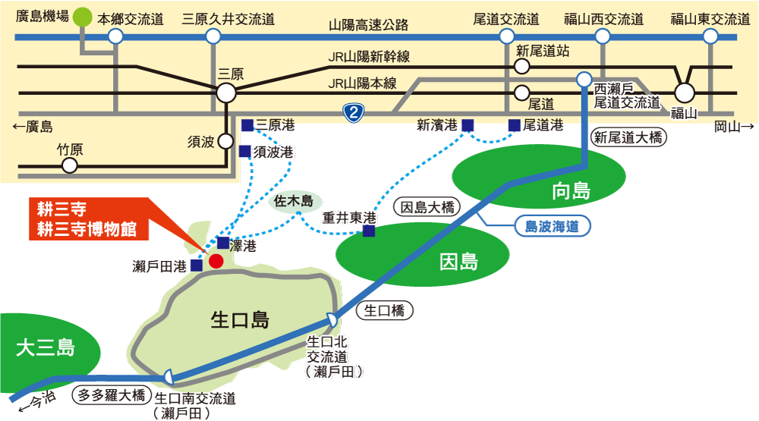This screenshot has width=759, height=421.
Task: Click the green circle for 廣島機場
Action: (x=82, y=17)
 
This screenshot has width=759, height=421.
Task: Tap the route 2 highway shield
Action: (x=354, y=113)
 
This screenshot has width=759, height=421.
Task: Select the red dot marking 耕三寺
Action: (x=216, y=261)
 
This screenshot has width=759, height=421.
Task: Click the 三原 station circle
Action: (x=226, y=93)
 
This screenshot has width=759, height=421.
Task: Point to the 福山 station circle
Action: (x=685, y=93)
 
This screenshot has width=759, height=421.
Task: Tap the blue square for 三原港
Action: (x=247, y=125)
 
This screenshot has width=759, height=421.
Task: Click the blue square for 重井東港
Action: (x=369, y=231)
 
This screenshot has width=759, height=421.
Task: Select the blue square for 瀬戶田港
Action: (x=197, y=265)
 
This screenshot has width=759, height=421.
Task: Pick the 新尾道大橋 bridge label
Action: (x=628, y=138)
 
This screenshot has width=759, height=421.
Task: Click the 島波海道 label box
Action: (x=552, y=226)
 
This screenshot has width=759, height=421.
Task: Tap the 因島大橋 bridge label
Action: (x=427, y=208)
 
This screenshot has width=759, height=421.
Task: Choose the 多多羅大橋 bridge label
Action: (x=112, y=395)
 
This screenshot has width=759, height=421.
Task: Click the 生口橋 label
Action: (x=384, y=310)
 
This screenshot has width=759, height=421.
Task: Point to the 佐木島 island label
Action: (x=294, y=201)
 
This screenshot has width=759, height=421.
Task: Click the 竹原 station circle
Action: (x=70, y=166)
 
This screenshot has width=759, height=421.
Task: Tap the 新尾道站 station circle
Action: (x=522, y=66)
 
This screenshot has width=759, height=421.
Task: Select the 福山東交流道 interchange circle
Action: (x=710, y=36)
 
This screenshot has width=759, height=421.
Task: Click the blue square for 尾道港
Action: (x=514, y=125)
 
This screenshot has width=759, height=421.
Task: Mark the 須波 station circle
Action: (x=225, y=141)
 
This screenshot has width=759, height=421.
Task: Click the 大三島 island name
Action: (x=46, y=347)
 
